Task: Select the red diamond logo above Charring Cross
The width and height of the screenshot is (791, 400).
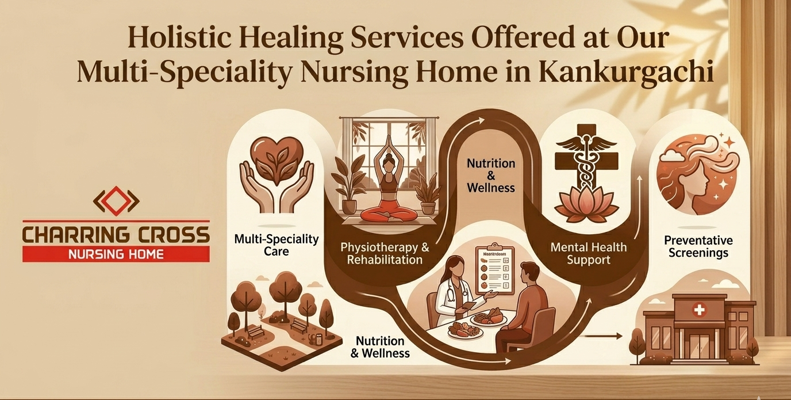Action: pos(116,200)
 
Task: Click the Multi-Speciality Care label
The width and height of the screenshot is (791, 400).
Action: pos(277,245)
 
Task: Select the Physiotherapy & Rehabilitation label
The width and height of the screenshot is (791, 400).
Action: pos(385,253)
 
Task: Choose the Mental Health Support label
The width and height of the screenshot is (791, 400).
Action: pos(588,254)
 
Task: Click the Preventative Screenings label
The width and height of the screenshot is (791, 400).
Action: pos(698,246)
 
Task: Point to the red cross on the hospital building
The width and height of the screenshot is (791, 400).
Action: pos(699,311)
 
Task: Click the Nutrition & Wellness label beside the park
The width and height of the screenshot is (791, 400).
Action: pos(380,347)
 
